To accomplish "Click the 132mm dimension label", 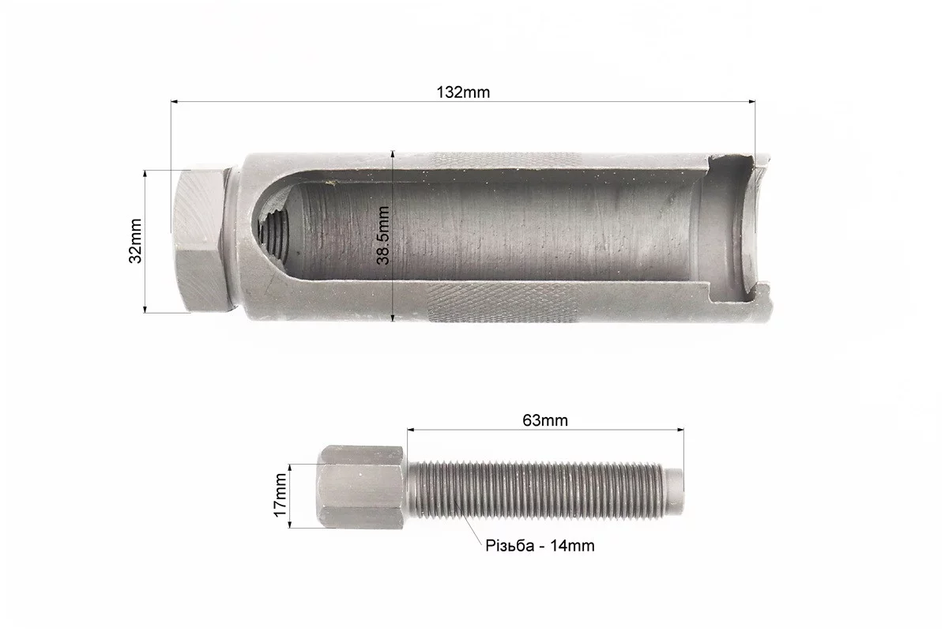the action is pyautogui.click(x=463, y=92).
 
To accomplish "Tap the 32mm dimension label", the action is pyautogui.click(x=136, y=241).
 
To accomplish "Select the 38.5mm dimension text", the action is pyautogui.click(x=383, y=235).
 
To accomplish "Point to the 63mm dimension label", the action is pyautogui.click(x=545, y=420).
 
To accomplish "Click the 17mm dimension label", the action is pyautogui.click(x=280, y=495).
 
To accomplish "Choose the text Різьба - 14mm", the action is pyautogui.click(x=540, y=546).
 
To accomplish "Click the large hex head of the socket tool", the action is pyautogui.click(x=200, y=239).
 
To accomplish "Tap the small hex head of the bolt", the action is pyautogui.click(x=360, y=487).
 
